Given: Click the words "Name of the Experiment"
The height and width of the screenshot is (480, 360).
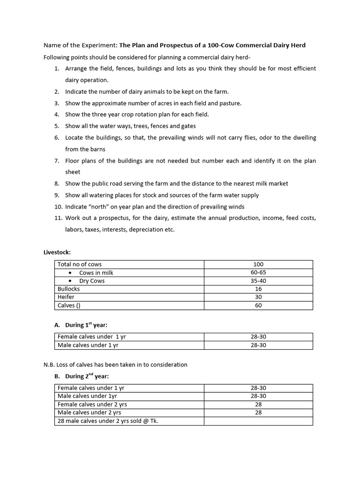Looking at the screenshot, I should [80, 45].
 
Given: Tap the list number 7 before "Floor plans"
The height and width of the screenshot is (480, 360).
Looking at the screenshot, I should [56, 161].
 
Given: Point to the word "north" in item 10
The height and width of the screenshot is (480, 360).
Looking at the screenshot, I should [96, 207].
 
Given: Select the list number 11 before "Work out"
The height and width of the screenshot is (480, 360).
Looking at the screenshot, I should [57, 218].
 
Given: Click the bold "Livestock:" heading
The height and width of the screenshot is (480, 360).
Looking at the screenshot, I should [57, 253].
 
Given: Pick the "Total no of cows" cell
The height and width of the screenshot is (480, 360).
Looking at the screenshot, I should [79, 264].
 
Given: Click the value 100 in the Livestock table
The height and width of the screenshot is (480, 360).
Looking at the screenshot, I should [258, 264].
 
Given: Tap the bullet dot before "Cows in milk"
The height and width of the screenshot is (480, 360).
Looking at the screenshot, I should [70, 273].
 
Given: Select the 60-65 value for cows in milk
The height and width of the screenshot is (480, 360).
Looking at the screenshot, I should [258, 273].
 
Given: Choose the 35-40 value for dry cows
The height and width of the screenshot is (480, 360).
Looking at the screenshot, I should [258, 281].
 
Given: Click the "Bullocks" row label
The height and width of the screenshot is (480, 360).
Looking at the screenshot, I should [68, 289].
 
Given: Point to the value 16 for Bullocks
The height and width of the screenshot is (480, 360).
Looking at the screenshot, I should [258, 289].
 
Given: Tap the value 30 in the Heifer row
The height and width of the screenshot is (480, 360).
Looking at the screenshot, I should [258, 297].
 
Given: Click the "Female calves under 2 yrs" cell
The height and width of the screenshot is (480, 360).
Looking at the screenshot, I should [92, 404].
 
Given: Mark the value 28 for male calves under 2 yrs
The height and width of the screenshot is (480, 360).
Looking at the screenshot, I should [258, 412].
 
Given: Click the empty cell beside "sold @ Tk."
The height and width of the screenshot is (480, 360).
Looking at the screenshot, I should [258, 421].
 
